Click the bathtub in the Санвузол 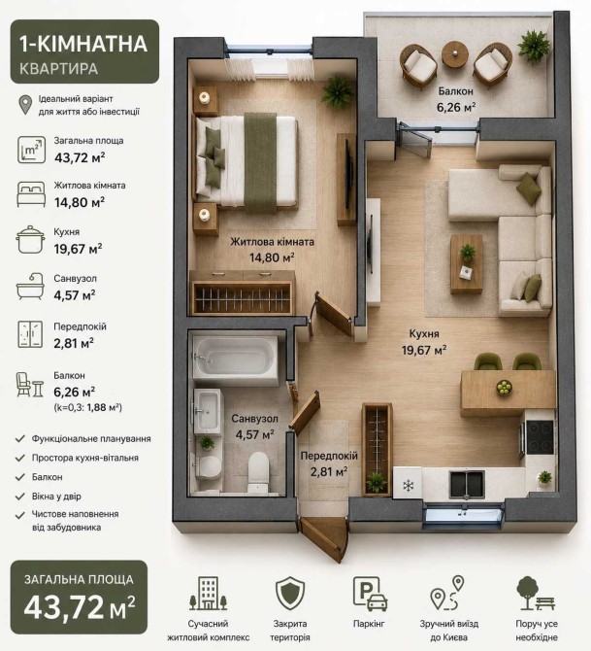click(x=236, y=360)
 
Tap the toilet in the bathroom click(x=258, y=471)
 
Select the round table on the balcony click(x=455, y=53)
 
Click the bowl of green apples click(x=505, y=388)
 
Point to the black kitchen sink click(x=467, y=485)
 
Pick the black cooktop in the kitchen click(x=540, y=437)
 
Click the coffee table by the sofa click(x=467, y=264)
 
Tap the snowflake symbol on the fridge click(x=409, y=486)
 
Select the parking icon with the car click(x=370, y=594)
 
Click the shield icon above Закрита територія click(x=290, y=593)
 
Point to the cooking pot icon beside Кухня click(x=30, y=240)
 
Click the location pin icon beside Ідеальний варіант click(x=25, y=105)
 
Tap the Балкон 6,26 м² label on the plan click(x=456, y=99)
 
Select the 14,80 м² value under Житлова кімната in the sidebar click(x=80, y=202)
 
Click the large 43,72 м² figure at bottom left click(x=80, y=607)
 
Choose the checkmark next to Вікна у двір click(x=20, y=497)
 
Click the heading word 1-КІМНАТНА click(x=83, y=44)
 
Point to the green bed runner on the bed click(x=260, y=163)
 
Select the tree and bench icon click(x=536, y=593)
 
